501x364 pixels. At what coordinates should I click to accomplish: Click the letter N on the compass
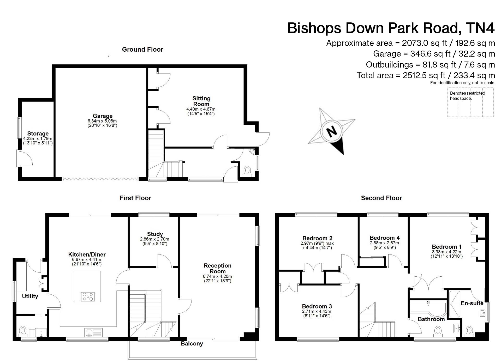332,131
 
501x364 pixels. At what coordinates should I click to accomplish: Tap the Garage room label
103,116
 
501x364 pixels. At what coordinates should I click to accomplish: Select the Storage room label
38,134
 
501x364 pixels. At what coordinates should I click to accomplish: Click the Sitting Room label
201,101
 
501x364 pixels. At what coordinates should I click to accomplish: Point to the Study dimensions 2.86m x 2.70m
154,239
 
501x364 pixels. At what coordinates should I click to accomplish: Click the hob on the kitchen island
88,297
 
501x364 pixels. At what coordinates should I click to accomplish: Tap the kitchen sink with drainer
93,332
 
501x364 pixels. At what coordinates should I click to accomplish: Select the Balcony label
192,344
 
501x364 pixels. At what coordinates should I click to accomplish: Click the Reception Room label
217,268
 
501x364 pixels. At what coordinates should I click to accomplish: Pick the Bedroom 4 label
385,238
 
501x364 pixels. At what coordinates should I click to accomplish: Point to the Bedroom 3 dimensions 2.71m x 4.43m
316,312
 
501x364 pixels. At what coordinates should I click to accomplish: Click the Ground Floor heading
142,50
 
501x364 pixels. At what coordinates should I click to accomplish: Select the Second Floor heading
381,198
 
